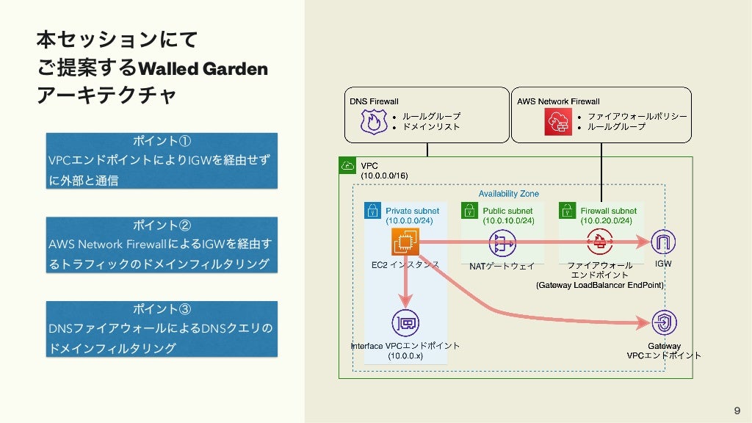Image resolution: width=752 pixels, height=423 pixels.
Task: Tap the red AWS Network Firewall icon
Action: (x=557, y=121)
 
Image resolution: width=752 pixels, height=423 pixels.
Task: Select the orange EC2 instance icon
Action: (x=405, y=242)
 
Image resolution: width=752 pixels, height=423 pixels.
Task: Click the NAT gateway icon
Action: (x=503, y=243)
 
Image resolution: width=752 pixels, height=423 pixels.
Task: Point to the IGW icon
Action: (x=663, y=242)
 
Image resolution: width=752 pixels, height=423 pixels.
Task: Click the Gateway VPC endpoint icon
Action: (x=664, y=323)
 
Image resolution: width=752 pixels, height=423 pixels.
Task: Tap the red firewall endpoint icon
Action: (x=600, y=242)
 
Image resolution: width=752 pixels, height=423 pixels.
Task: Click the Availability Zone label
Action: (x=508, y=194)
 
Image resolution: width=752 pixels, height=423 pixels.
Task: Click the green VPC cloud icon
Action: (x=347, y=166)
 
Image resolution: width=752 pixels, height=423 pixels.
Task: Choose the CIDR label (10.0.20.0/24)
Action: (x=605, y=220)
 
